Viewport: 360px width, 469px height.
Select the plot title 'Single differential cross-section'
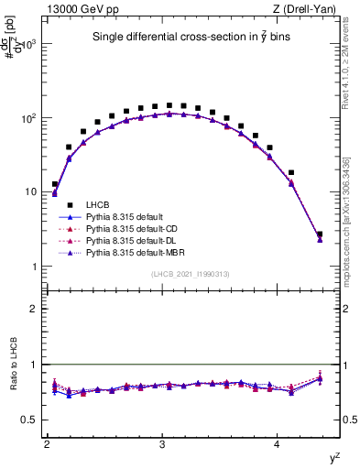[x=189, y=38]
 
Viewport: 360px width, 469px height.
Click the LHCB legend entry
[x=99, y=204]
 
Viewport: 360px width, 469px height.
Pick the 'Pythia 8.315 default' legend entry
[x=129, y=216]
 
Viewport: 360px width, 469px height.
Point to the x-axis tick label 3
[x=162, y=444]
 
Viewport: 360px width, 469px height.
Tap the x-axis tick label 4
[x=278, y=444]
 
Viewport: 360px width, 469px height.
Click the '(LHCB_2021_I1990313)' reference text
[x=189, y=275]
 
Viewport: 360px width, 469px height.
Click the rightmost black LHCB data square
[x=320, y=234]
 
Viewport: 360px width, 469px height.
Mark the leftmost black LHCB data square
[x=55, y=184]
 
